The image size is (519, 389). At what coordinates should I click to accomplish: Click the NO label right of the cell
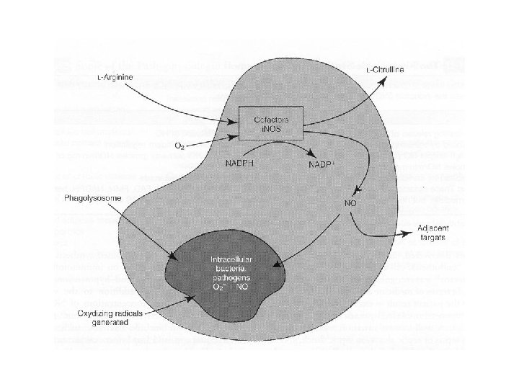point(350,203)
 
